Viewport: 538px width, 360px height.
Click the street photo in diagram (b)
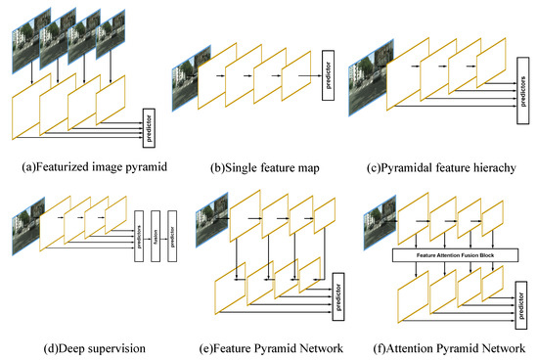(185, 81)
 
